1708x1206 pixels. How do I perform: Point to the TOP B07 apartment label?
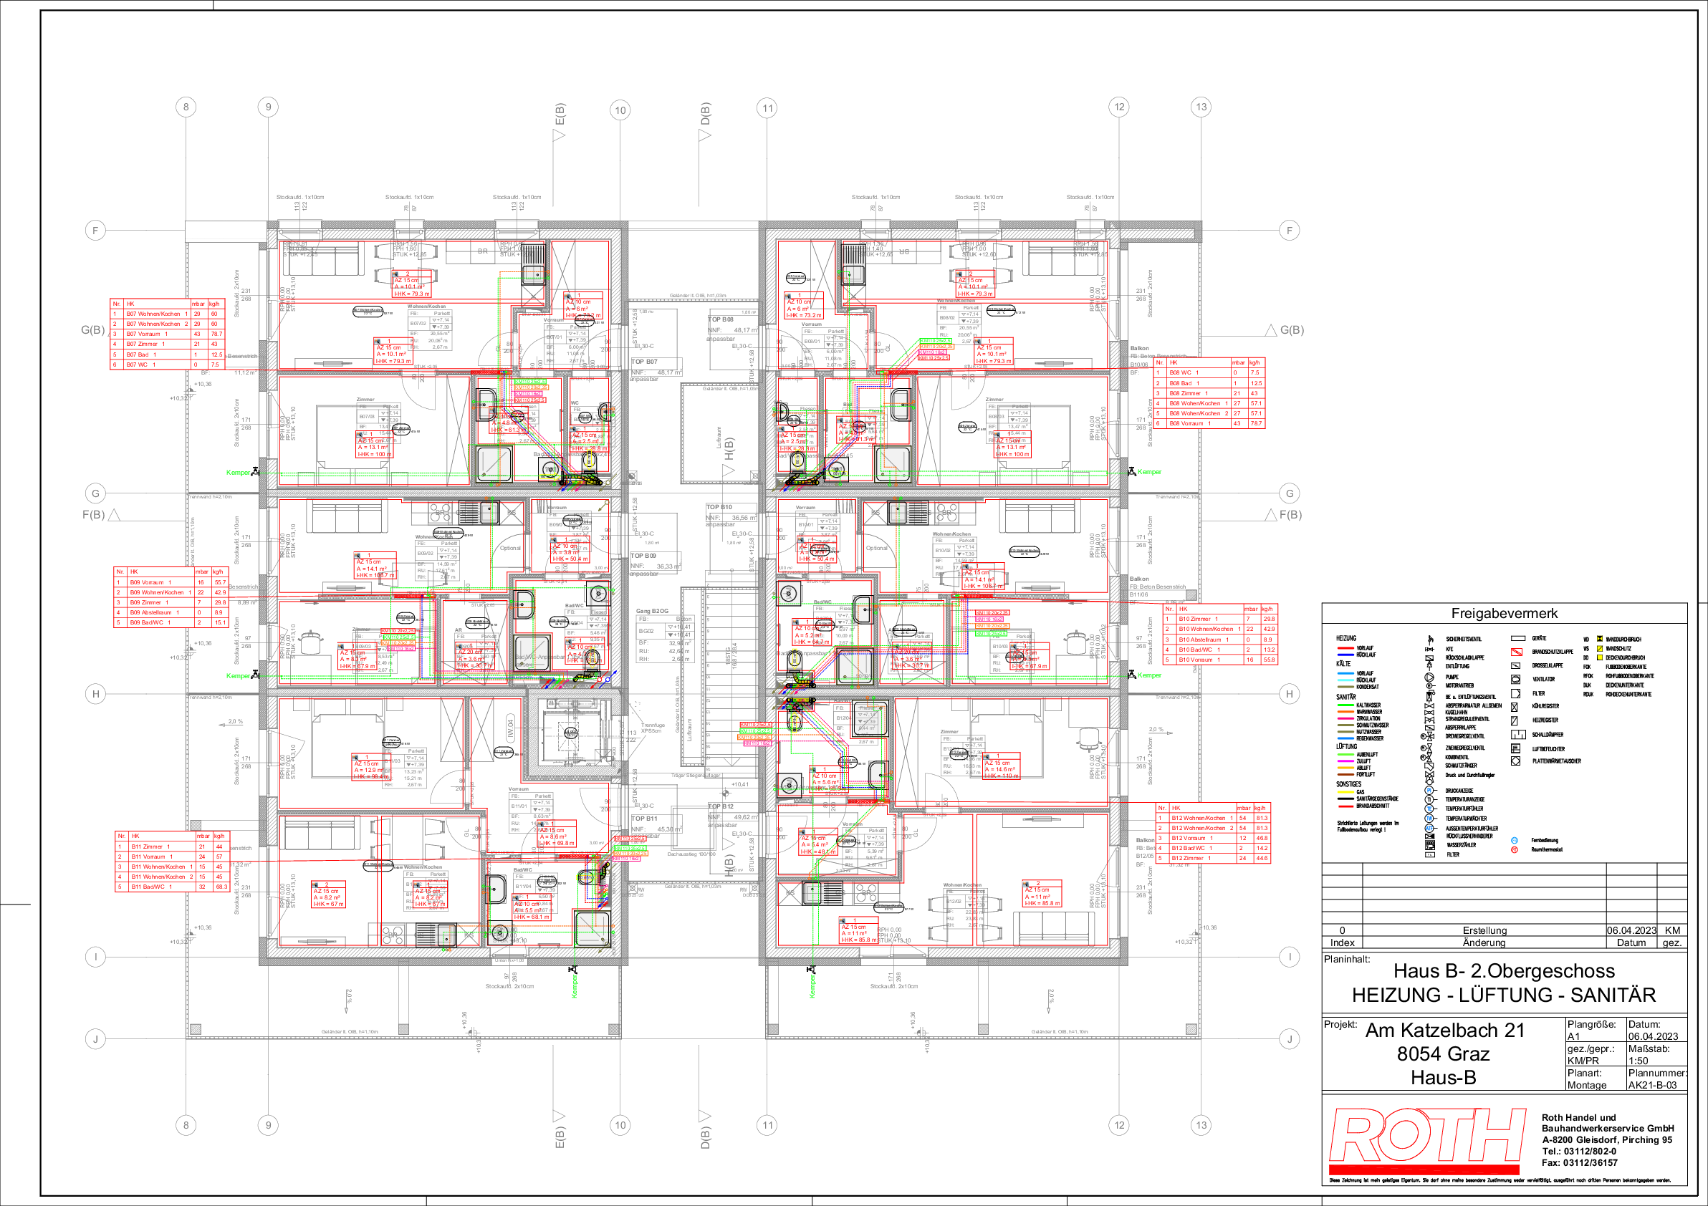coord(644,362)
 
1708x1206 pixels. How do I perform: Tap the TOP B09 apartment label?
coord(643,556)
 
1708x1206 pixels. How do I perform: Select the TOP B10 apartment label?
coord(719,507)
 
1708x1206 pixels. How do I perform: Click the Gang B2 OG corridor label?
coord(652,611)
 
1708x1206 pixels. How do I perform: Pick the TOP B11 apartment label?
coord(644,818)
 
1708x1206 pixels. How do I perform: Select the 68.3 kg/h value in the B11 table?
coord(221,887)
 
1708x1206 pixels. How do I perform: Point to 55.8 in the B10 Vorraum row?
coord(1268,660)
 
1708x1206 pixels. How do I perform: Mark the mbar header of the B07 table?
coord(198,304)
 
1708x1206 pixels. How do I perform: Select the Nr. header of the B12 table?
coord(1162,808)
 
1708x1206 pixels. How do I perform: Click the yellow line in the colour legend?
coord(1345,792)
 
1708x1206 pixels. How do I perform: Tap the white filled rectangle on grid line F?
coord(226,231)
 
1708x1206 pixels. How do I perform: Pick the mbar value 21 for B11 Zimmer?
coord(201,846)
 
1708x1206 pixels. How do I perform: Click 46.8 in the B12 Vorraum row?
coord(1262,838)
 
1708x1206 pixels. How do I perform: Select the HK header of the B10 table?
coord(1183,608)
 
